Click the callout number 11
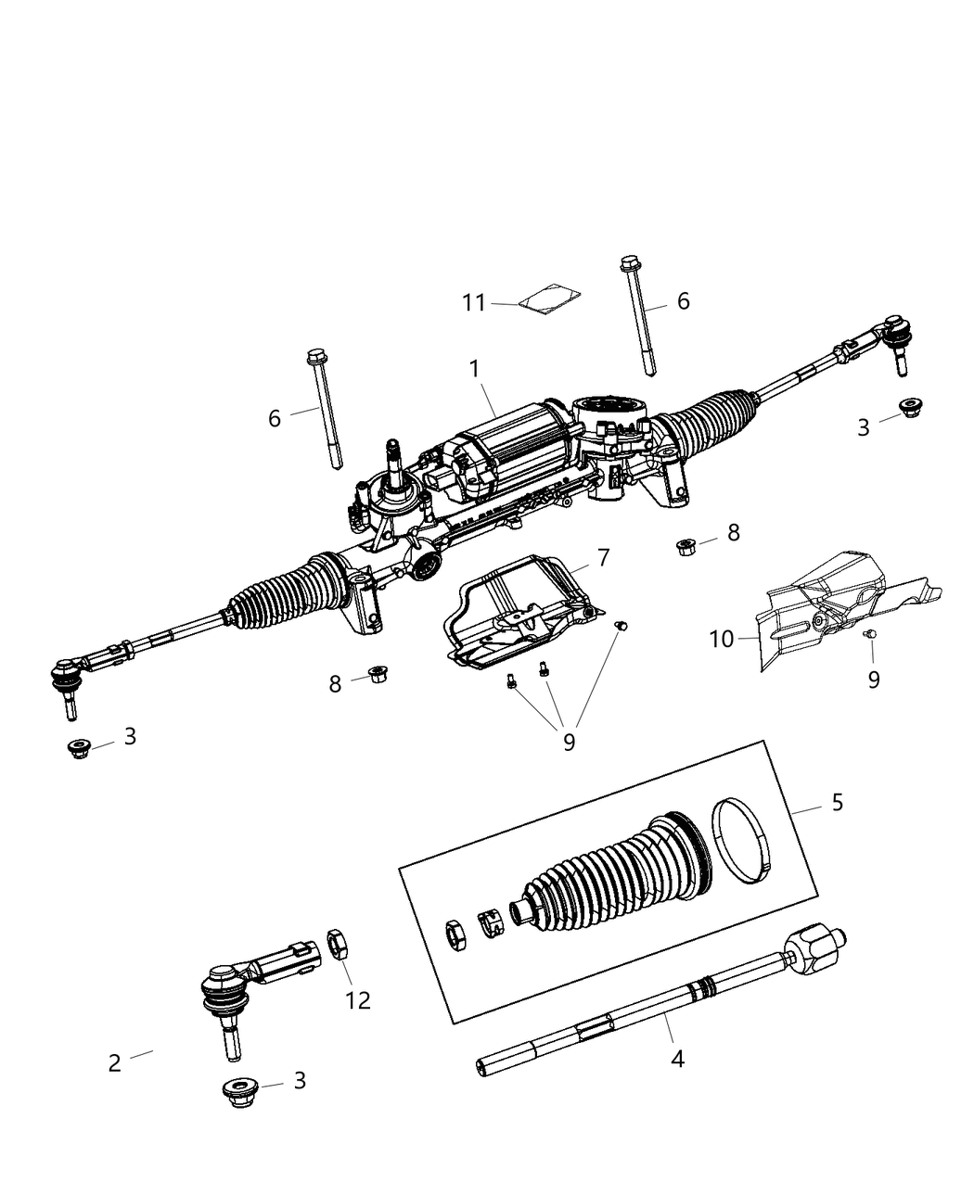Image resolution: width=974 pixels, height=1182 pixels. point(474,303)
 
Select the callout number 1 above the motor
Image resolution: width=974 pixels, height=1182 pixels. point(475,369)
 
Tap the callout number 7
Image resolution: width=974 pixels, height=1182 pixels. point(603,558)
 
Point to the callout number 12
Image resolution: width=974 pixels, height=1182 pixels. point(358,1000)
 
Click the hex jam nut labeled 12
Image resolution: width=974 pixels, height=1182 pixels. point(338,947)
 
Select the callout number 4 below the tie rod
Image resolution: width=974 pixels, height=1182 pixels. point(678,1058)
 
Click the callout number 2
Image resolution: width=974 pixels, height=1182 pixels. point(114,1063)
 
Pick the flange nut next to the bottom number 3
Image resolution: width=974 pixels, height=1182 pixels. point(241,1092)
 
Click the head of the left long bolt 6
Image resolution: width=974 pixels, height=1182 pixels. point(314,356)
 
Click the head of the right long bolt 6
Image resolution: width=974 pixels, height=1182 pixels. point(630,262)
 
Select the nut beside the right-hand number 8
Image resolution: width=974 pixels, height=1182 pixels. point(687,545)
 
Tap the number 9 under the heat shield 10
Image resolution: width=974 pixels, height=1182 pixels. point(874,680)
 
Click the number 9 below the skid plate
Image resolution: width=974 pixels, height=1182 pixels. point(569,742)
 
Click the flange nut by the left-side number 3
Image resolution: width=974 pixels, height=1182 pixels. point(79,747)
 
